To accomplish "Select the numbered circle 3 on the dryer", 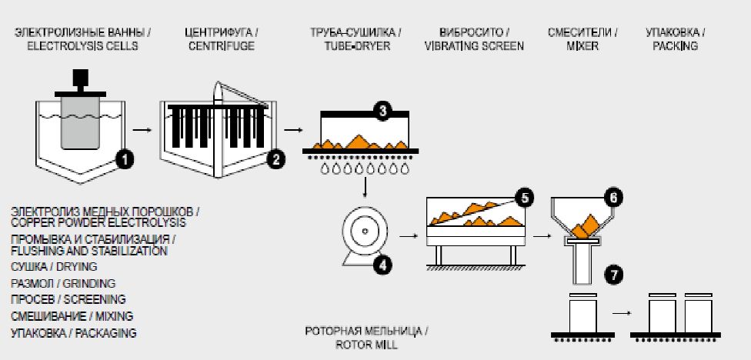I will click(382, 112).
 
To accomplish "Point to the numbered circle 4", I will click(382, 265).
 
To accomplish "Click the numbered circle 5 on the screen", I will click(525, 197).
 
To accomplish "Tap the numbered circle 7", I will click(612, 274).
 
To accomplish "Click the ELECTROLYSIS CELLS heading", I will click(82, 46).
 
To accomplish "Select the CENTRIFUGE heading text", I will click(219, 46).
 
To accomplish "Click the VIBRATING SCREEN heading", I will click(473, 46).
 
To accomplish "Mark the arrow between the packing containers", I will click(622, 314).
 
